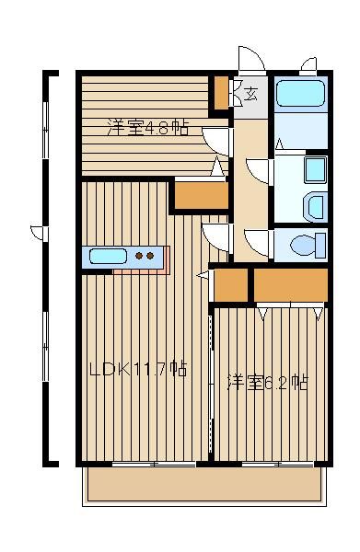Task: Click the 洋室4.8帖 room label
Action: click(x=147, y=128)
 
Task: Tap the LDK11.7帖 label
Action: click(x=138, y=369)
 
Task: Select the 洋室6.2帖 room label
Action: click(x=268, y=383)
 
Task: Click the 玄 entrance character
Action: click(x=250, y=94)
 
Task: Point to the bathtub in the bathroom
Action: click(x=300, y=93)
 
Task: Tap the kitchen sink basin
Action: click(x=108, y=256)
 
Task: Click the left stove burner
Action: click(x=139, y=256)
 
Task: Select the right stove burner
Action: click(x=150, y=256)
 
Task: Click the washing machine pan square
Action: click(x=315, y=170)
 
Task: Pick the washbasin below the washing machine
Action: click(x=315, y=207)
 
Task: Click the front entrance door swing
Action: click(x=251, y=59)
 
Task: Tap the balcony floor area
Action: click(x=204, y=484)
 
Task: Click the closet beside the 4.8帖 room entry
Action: click(x=202, y=196)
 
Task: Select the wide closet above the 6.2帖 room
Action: click(x=291, y=285)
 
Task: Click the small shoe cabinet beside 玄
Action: click(x=221, y=93)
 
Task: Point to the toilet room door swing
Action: click(x=258, y=243)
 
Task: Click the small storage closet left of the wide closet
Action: click(x=231, y=285)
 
